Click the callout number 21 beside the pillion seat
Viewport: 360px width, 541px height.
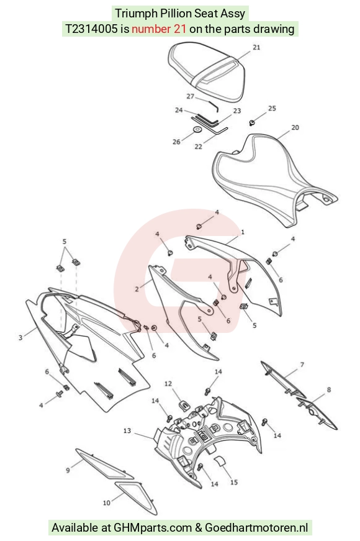click(x=256, y=47)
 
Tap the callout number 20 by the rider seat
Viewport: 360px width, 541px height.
click(x=295, y=128)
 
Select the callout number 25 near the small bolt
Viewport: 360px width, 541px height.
click(x=272, y=108)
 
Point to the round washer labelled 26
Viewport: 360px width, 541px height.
click(x=197, y=129)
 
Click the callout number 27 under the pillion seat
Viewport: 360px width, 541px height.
click(x=191, y=96)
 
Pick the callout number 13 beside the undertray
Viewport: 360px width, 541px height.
click(x=127, y=430)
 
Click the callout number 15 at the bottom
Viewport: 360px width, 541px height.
click(x=234, y=482)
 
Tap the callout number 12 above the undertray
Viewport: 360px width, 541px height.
click(x=168, y=384)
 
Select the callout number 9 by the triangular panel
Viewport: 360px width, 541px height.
click(x=68, y=470)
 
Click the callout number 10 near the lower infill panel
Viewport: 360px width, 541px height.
click(x=107, y=502)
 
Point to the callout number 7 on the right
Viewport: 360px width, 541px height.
click(x=302, y=365)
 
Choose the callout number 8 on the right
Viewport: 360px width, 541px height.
click(x=328, y=389)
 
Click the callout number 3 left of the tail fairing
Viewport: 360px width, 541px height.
click(x=20, y=337)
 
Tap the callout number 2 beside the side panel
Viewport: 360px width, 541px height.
click(x=137, y=289)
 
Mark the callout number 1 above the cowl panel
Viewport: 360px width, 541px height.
click(x=243, y=232)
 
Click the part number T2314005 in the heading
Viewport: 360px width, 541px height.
click(x=91, y=29)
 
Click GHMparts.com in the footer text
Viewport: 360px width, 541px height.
click(x=153, y=527)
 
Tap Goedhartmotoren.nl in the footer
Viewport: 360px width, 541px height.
click(x=256, y=527)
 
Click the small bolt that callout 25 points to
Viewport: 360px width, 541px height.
click(x=252, y=122)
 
